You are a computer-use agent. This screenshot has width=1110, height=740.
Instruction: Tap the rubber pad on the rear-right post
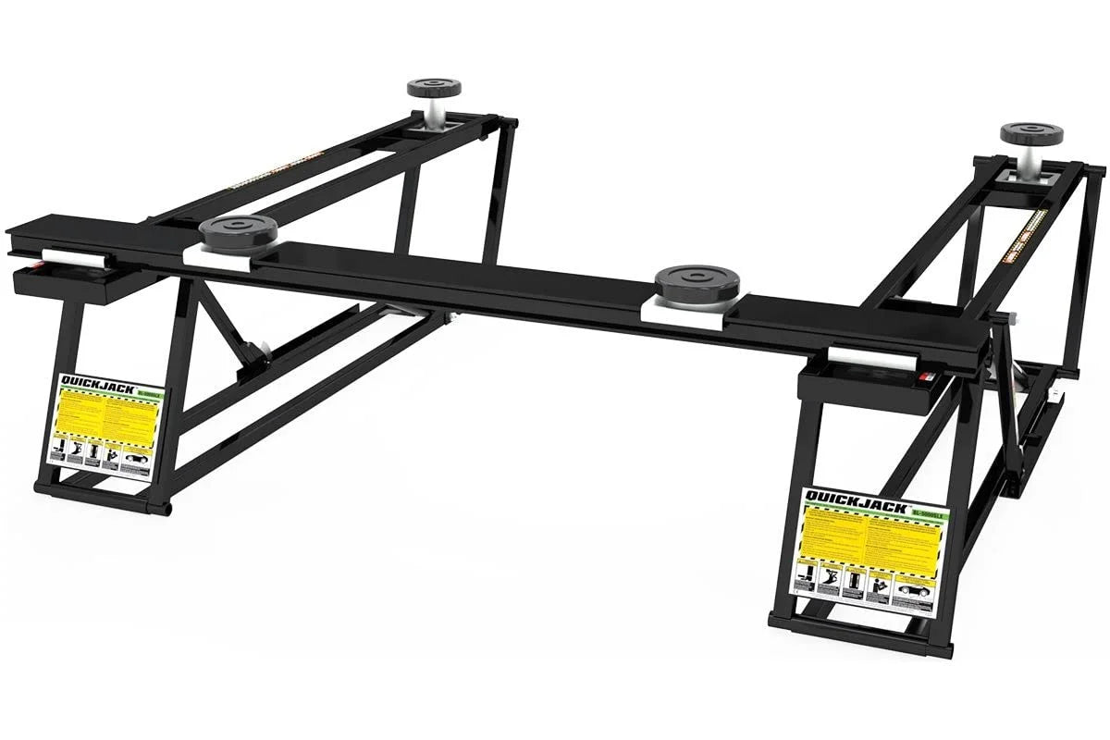(x=1030, y=133)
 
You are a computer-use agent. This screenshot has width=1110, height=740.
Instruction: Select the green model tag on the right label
(x=928, y=511)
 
